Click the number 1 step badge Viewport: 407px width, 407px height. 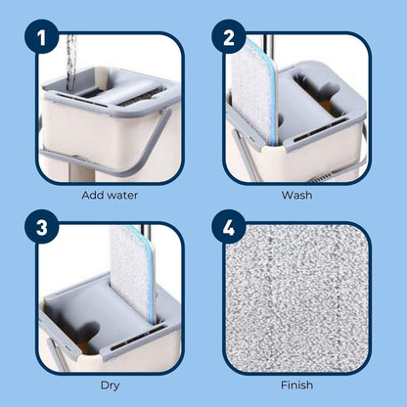click(41, 37)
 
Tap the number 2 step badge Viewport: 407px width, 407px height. click(229, 37)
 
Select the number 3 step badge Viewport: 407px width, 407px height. click(41, 227)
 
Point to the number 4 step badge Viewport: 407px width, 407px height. click(229, 227)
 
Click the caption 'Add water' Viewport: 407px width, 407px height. click(110, 196)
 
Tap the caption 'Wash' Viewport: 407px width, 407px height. click(296, 196)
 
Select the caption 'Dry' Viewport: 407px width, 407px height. click(110, 385)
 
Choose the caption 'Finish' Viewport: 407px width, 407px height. click(296, 385)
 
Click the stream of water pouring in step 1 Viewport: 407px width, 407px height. click(71, 62)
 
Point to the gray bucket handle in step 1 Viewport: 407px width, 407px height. click(108, 154)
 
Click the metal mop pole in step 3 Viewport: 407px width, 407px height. click(145, 233)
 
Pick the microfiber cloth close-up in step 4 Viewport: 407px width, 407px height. click(297, 298)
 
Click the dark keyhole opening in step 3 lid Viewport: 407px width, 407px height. click(85, 331)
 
